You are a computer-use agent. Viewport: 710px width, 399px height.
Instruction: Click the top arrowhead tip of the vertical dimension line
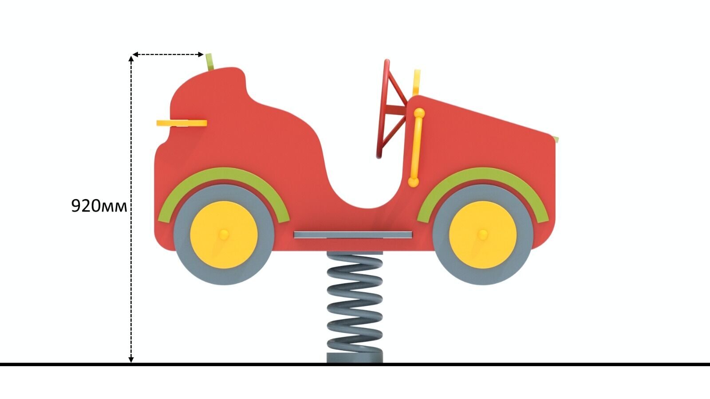pyautogui.click(x=131, y=56)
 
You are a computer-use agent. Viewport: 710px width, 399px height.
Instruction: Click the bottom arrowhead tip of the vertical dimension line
pyautogui.click(x=131, y=363)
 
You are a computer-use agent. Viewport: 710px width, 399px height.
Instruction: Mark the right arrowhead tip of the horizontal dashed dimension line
pyautogui.click(x=204, y=55)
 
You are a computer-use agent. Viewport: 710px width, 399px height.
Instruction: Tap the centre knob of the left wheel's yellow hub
pyautogui.click(x=224, y=235)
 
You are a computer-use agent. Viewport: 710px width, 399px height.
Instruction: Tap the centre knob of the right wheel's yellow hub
pyautogui.click(x=482, y=235)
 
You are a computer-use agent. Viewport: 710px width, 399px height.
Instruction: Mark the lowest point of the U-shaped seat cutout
pyautogui.click(x=367, y=209)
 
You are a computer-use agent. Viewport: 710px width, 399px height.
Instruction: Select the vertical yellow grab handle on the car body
pyautogui.click(x=416, y=147)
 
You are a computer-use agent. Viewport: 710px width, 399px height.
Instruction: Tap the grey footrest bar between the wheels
pyautogui.click(x=353, y=235)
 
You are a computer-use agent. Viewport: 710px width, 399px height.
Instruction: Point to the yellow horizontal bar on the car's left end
pyautogui.click(x=181, y=123)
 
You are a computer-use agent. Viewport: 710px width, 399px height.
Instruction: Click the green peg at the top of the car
pyautogui.click(x=209, y=62)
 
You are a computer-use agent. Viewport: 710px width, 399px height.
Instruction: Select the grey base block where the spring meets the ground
pyautogui.click(x=355, y=358)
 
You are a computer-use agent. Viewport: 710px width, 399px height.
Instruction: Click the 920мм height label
pyautogui.click(x=99, y=206)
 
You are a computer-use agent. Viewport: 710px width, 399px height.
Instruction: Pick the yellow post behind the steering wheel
pyautogui.click(x=417, y=82)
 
